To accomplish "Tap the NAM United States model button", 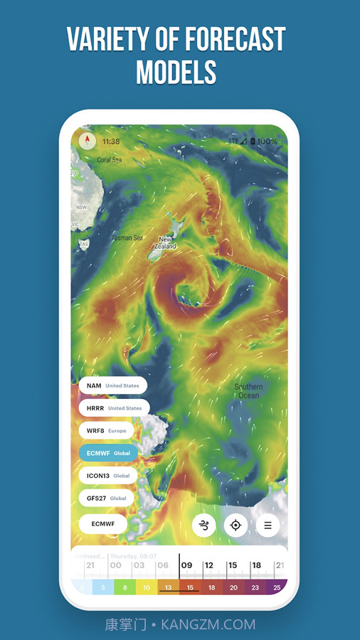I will pyautogui.click(x=112, y=385).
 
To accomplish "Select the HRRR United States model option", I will pyautogui.click(x=114, y=408).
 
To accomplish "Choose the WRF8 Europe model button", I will pyautogui.click(x=106, y=430).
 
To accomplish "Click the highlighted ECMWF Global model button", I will pyautogui.click(x=108, y=452).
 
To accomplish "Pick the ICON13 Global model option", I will pyautogui.click(x=108, y=475).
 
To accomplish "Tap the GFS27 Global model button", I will pyautogui.click(x=106, y=498).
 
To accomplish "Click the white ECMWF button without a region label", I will pyautogui.click(x=102, y=524).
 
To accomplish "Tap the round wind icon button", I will pyautogui.click(x=204, y=526).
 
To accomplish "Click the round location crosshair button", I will pyautogui.click(x=235, y=526).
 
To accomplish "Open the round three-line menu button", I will pyautogui.click(x=268, y=526).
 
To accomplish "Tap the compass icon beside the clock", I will pyautogui.click(x=88, y=140).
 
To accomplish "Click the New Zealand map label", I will pyautogui.click(x=166, y=242).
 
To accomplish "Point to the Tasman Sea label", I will pyautogui.click(x=127, y=238).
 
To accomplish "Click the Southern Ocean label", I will pyautogui.click(x=248, y=390).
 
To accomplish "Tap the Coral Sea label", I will pyautogui.click(x=110, y=160).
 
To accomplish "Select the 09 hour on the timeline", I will pyautogui.click(x=187, y=565).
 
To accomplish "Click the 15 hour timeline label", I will pyautogui.click(x=233, y=565).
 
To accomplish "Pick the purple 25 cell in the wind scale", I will pyautogui.click(x=276, y=587).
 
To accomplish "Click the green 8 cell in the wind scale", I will pyautogui.click(x=125, y=587).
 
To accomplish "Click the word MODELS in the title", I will pyautogui.click(x=176, y=72).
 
